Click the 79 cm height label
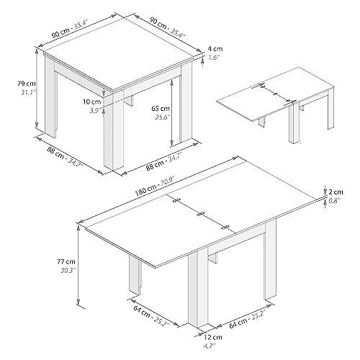point(12,83)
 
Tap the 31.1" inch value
point(12,92)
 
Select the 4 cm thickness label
point(215,49)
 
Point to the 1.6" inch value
point(215,57)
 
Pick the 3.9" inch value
point(92,111)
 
